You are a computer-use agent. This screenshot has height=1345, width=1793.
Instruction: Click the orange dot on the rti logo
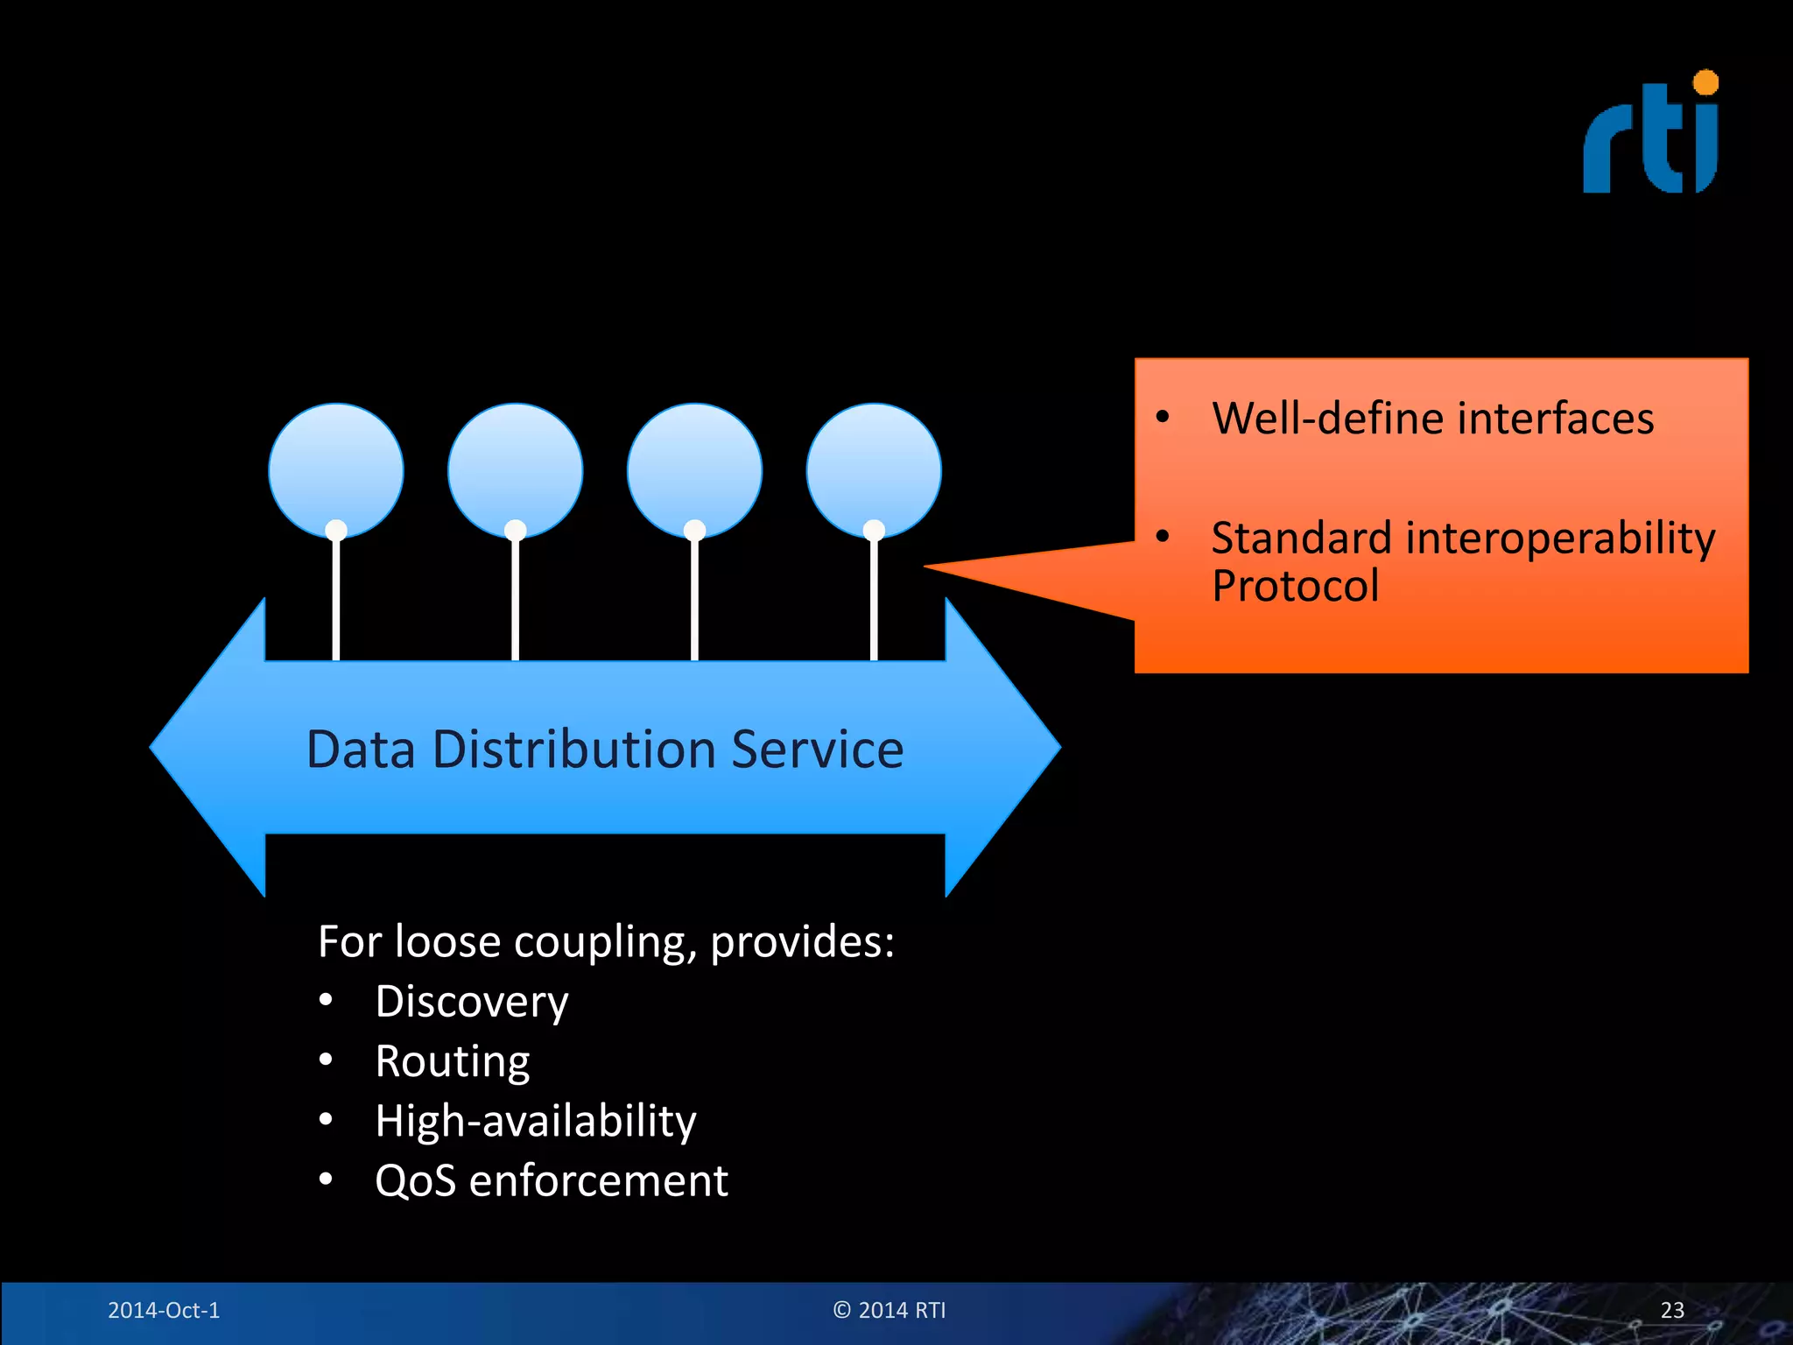pyautogui.click(x=1705, y=83)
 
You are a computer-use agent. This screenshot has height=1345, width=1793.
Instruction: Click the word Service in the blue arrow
pyautogui.click(x=817, y=750)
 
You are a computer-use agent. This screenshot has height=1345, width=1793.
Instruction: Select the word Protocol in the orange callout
pyautogui.click(x=1295, y=586)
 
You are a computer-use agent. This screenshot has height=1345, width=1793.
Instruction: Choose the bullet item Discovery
pyautogui.click(x=471, y=1001)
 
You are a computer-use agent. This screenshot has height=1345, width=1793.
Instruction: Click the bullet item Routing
pyautogui.click(x=452, y=1060)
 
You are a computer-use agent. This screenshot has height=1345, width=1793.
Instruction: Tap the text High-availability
pyautogui.click(x=535, y=1121)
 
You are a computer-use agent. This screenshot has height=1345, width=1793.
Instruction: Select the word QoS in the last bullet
pyautogui.click(x=415, y=1180)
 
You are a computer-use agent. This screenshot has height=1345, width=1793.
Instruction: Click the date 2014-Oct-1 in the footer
pyautogui.click(x=164, y=1310)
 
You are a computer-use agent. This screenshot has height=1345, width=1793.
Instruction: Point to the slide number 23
pyautogui.click(x=1672, y=1310)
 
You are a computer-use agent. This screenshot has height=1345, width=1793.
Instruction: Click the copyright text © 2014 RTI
pyautogui.click(x=889, y=1310)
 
